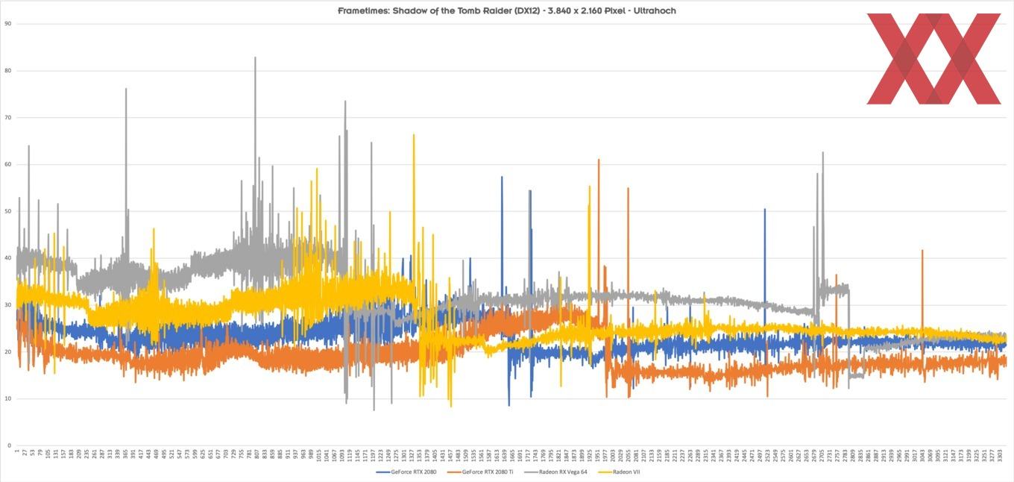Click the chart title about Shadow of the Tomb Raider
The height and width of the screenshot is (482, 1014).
506,10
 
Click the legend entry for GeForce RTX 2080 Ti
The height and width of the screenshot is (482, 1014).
488,472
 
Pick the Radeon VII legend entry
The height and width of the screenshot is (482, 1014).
626,472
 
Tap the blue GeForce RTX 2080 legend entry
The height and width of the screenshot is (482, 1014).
413,472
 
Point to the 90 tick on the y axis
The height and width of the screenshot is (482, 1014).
8,24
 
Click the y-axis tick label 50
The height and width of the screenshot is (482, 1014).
8,211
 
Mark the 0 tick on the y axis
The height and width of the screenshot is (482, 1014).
10,445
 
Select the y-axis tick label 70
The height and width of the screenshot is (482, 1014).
8,118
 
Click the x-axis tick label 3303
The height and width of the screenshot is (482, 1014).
1000,456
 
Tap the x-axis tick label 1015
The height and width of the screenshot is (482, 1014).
318,456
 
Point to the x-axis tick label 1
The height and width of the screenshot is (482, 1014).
17,451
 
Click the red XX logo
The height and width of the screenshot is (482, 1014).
933,59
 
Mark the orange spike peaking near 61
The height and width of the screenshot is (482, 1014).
598,161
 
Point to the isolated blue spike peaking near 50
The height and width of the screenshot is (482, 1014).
764,211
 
